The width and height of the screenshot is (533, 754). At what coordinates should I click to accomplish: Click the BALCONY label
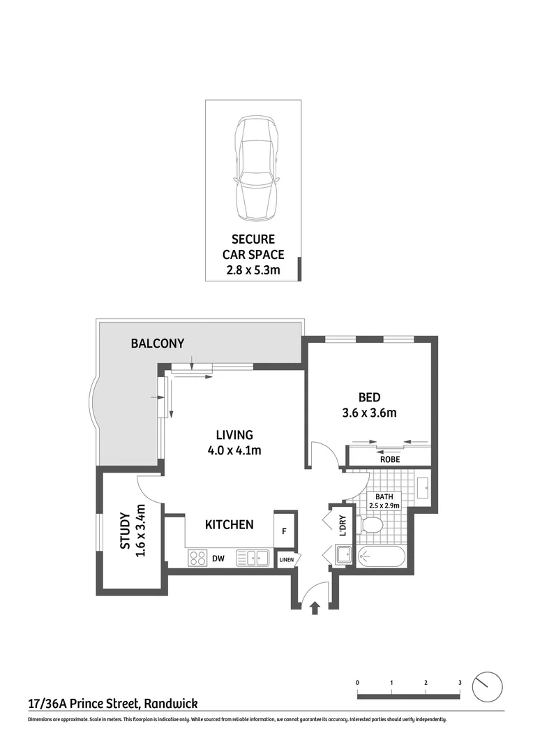click(x=158, y=343)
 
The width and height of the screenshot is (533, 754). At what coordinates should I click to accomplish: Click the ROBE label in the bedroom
click(x=389, y=459)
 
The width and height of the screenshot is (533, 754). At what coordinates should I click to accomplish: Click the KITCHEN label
click(x=229, y=524)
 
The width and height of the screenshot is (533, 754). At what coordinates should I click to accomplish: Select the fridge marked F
click(x=284, y=531)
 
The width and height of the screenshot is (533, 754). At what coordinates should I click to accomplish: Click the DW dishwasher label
click(x=218, y=559)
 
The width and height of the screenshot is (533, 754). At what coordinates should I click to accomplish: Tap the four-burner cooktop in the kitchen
click(x=197, y=559)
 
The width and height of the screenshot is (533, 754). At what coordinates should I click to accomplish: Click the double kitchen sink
click(x=253, y=558)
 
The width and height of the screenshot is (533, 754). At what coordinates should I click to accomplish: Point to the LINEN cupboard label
click(x=286, y=560)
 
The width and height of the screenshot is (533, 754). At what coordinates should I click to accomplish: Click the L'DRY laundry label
click(x=343, y=526)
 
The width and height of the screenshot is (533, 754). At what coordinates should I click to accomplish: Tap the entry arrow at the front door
click(x=315, y=608)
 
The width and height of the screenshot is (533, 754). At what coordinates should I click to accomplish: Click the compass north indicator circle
click(x=487, y=687)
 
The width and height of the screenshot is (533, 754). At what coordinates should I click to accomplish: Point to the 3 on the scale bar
click(x=459, y=682)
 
